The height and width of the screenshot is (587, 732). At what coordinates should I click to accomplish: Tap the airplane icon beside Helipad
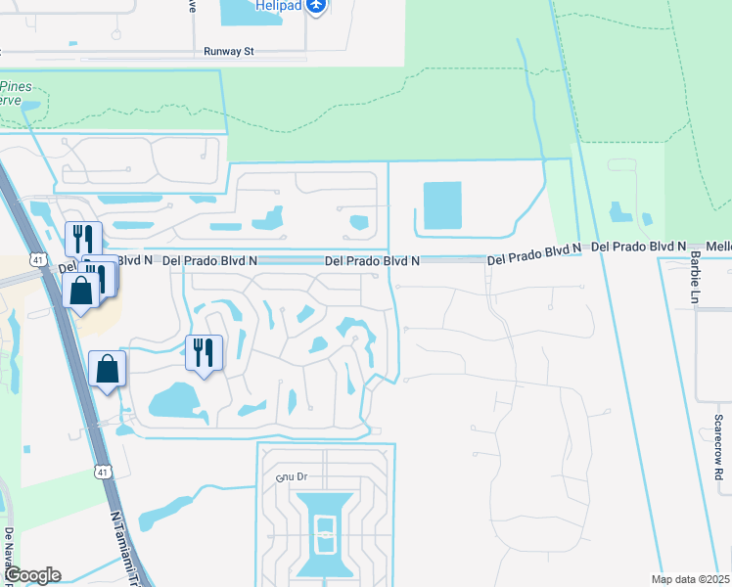click(315, 7)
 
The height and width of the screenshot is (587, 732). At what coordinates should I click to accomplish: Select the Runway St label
click(228, 51)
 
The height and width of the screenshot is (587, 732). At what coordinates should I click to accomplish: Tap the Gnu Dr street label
click(292, 477)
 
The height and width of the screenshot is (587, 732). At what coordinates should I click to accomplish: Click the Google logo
click(31, 575)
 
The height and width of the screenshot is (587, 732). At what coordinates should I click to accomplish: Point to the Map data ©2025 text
click(691, 579)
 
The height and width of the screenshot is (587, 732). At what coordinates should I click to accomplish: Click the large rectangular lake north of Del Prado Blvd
click(441, 205)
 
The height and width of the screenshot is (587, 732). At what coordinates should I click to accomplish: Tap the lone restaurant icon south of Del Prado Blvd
click(204, 352)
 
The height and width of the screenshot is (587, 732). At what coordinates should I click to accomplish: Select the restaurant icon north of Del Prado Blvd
click(82, 239)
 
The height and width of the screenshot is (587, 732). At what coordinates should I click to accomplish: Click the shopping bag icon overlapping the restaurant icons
click(80, 290)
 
